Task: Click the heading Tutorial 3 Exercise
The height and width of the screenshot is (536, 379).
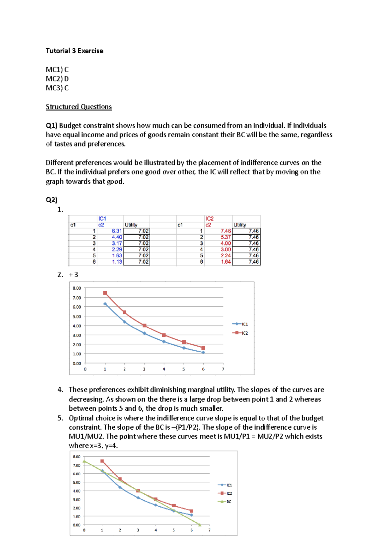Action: pos(75,51)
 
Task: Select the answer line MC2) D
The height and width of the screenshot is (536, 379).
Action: pos(57,79)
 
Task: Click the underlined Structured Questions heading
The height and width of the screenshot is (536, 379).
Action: pos(79,107)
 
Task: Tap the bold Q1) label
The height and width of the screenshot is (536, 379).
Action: pos(51,125)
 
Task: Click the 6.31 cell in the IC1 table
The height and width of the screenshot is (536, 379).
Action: pos(117,231)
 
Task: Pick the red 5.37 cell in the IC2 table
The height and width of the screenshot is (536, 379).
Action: pos(226,237)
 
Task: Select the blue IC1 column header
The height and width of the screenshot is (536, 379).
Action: pos(102,218)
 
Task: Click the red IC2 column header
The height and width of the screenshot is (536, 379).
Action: pos(209,218)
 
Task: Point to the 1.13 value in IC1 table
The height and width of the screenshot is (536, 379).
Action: pos(117,262)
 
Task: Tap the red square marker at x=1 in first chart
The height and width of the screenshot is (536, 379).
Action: pos(105,293)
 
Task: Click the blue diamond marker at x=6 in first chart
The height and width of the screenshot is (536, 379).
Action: pos(203,352)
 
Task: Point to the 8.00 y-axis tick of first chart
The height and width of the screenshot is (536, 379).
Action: pos(77,288)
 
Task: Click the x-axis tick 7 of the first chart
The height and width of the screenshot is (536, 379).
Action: pos(223,369)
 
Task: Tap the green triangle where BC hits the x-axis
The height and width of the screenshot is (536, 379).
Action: pos(200,525)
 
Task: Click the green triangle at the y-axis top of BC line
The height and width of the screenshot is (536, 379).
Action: pos(84,461)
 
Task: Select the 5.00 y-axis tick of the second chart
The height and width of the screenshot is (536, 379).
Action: pos(76,482)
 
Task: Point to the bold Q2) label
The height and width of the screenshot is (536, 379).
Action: pos(51,200)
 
